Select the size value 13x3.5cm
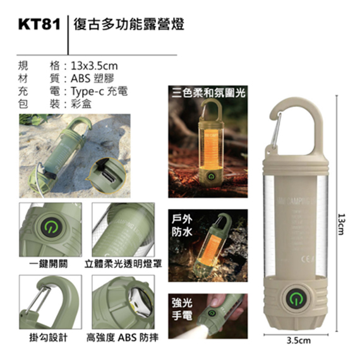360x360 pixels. click(95, 65)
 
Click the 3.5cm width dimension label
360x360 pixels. click(299, 340)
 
